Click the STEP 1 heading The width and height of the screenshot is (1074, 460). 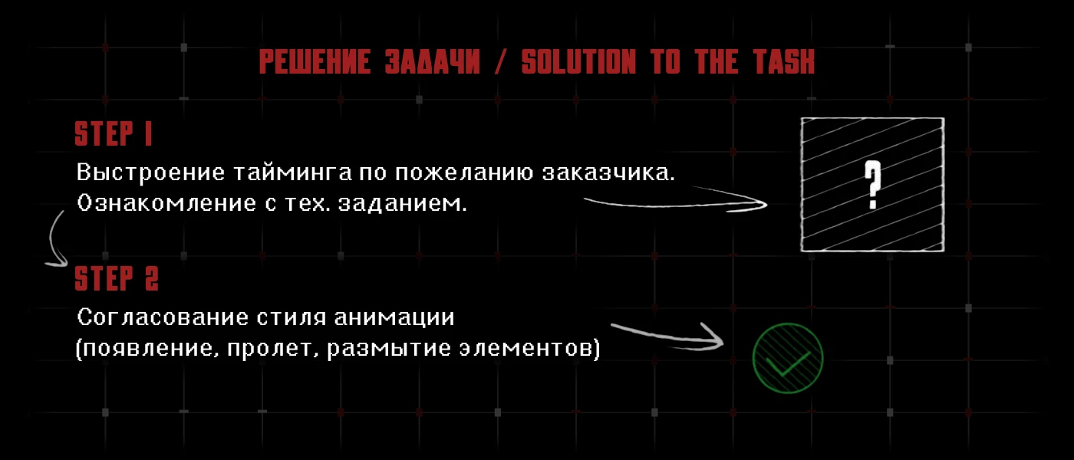[x=114, y=133]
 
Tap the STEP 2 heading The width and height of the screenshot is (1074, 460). [x=117, y=278]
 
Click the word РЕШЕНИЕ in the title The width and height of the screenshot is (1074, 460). [x=315, y=61]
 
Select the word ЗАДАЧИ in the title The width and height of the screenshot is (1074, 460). [x=433, y=61]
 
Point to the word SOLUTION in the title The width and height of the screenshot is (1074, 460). [x=578, y=61]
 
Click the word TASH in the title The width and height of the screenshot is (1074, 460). [x=783, y=61]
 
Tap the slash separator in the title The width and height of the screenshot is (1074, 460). [x=500, y=62]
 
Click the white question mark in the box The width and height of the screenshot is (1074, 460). [x=873, y=185]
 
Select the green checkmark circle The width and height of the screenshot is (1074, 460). [x=788, y=358]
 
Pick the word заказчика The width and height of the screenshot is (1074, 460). [x=608, y=172]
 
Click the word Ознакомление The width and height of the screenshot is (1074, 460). [x=167, y=203]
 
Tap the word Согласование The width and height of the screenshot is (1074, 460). [x=163, y=317]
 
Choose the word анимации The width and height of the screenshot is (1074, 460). [x=394, y=317]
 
